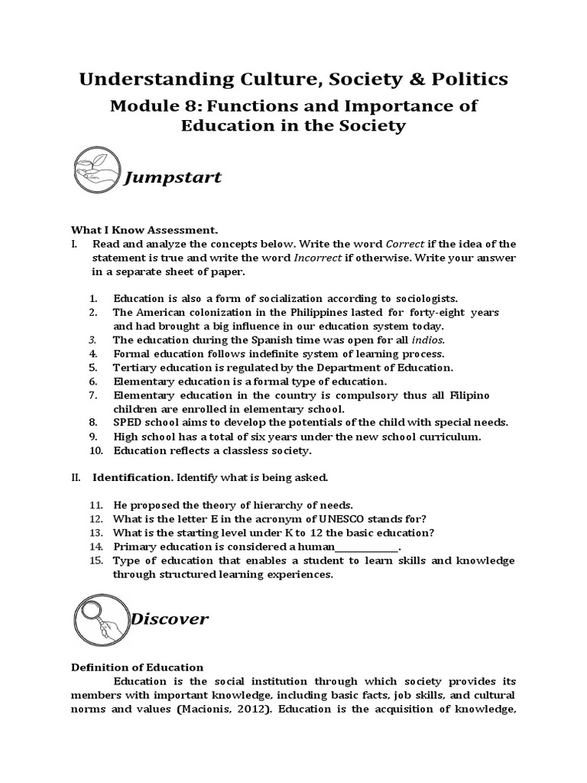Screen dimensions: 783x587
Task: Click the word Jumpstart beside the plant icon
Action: coord(173,177)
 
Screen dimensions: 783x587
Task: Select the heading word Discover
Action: coord(169,619)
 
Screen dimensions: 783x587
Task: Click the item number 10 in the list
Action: coord(96,450)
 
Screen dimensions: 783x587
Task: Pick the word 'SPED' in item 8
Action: coord(128,422)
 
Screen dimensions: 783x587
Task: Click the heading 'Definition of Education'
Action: coord(138,668)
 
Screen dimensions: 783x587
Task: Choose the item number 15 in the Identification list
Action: coord(96,560)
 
